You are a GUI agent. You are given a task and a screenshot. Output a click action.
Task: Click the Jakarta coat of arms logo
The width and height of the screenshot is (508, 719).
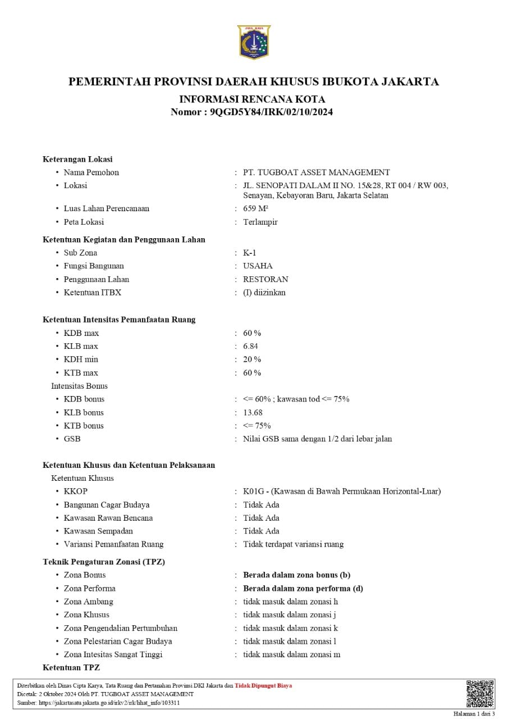[x=254, y=42]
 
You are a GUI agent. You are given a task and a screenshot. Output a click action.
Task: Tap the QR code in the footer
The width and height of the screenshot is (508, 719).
[x=480, y=694]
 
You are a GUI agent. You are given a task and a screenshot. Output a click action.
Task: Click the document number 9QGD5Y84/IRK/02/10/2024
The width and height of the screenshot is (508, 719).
[x=271, y=112]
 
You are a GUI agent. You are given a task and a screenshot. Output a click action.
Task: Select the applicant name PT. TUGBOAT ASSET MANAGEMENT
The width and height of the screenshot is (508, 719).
[x=316, y=172]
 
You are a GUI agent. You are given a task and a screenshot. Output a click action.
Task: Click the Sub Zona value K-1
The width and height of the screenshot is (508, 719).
[x=250, y=253]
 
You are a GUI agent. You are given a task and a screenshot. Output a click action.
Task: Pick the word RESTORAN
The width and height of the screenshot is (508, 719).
[x=266, y=279]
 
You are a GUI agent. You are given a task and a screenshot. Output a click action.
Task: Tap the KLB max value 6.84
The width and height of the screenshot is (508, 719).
[x=250, y=346]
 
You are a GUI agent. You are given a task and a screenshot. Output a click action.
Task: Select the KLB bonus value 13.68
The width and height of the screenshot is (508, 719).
[x=253, y=412]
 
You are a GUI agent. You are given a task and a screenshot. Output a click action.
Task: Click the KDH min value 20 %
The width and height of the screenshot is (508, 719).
[x=252, y=359]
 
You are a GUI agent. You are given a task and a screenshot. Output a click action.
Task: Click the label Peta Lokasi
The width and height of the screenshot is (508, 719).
[x=84, y=222]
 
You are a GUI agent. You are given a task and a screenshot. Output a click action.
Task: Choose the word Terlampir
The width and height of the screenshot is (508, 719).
[x=260, y=222]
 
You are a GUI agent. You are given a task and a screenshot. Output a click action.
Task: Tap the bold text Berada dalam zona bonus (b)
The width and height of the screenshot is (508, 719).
[x=296, y=575]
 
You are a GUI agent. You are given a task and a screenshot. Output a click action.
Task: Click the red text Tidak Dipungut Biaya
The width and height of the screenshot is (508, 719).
[x=263, y=685]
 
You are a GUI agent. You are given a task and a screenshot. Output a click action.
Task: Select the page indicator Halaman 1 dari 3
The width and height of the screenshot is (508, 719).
[x=474, y=714]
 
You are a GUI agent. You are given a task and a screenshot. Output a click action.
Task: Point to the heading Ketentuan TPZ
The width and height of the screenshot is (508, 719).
[x=71, y=667]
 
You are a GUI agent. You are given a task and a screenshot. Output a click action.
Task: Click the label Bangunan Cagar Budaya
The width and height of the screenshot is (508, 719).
[x=107, y=504]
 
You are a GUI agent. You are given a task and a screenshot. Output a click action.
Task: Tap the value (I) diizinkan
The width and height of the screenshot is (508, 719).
[x=264, y=292]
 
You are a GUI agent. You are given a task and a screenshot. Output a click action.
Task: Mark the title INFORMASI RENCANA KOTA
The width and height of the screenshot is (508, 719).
[x=252, y=99]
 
